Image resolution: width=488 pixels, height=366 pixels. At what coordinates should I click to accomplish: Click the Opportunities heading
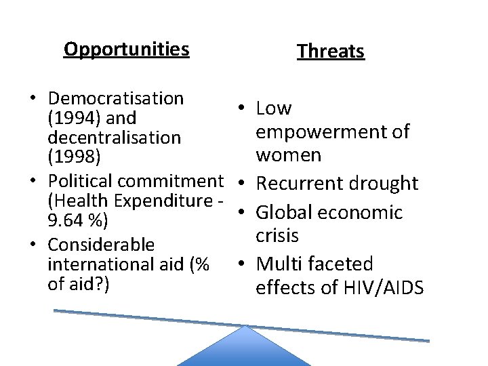126,49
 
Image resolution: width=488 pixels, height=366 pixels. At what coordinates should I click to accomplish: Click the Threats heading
331,52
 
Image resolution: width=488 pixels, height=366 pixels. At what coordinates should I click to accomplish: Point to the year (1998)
73,157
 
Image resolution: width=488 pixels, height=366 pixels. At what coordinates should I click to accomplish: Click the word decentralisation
113,138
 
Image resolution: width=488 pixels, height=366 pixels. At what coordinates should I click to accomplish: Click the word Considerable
101,245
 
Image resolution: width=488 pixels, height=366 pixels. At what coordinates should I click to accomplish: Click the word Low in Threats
274,108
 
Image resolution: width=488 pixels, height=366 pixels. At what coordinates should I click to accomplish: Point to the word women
289,155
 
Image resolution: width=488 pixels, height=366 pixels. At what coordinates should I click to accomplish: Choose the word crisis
277,235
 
